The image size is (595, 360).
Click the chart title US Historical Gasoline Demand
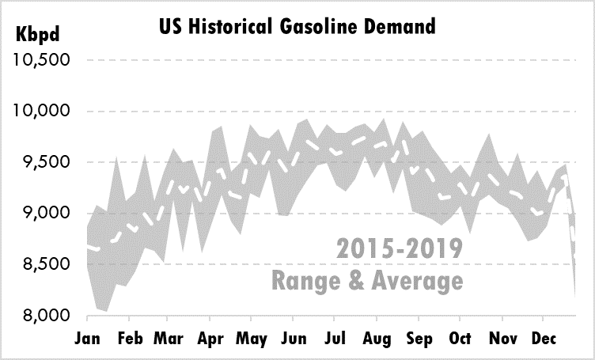click(x=297, y=27)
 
